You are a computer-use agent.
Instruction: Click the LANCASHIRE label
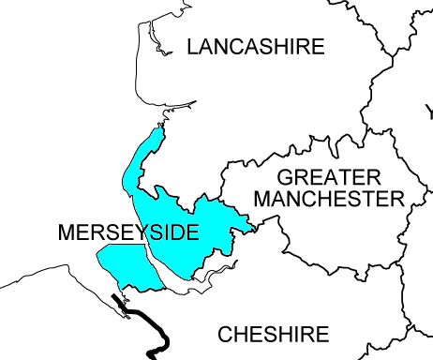coord(255,46)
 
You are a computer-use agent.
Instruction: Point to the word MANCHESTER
coord(328,199)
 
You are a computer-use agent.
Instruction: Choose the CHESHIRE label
coord(273,335)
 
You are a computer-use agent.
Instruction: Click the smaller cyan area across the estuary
coord(120,263)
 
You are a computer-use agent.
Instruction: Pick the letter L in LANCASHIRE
coord(193,46)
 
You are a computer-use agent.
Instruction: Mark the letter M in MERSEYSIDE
coord(65,232)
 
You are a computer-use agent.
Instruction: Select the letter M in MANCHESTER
coord(262,199)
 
